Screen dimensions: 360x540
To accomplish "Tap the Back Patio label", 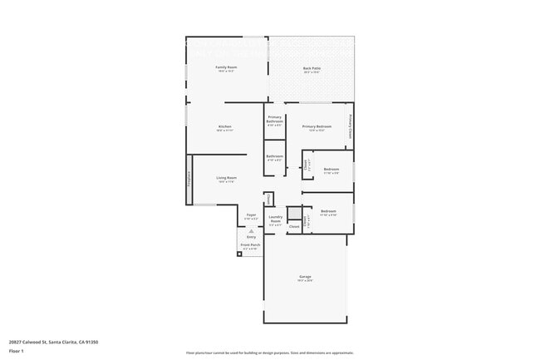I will pos(312,68).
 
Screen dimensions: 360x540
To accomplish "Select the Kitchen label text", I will pos(224,126).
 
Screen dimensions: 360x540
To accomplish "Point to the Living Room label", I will pos(226,177).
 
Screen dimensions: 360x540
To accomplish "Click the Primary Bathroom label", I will pos(274,119).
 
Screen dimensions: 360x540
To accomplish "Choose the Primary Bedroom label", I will pos(320,126).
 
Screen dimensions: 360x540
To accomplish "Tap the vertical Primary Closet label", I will pos(351,126).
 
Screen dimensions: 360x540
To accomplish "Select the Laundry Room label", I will pos(275,219).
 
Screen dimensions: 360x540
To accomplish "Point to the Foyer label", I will pos(251,215).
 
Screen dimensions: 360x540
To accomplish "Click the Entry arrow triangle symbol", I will pos(251,229).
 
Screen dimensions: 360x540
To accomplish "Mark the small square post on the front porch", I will pos(239,254).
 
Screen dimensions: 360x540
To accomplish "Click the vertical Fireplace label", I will pos(189,177).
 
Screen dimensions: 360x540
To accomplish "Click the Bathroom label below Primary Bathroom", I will pos(274,156).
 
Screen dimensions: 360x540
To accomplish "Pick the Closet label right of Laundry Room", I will pos(293,225).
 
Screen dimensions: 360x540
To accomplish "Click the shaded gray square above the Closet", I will pos(293,212).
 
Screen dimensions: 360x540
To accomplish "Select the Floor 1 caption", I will pos(16,350).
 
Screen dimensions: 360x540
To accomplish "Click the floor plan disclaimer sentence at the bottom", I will pos(269,353).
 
